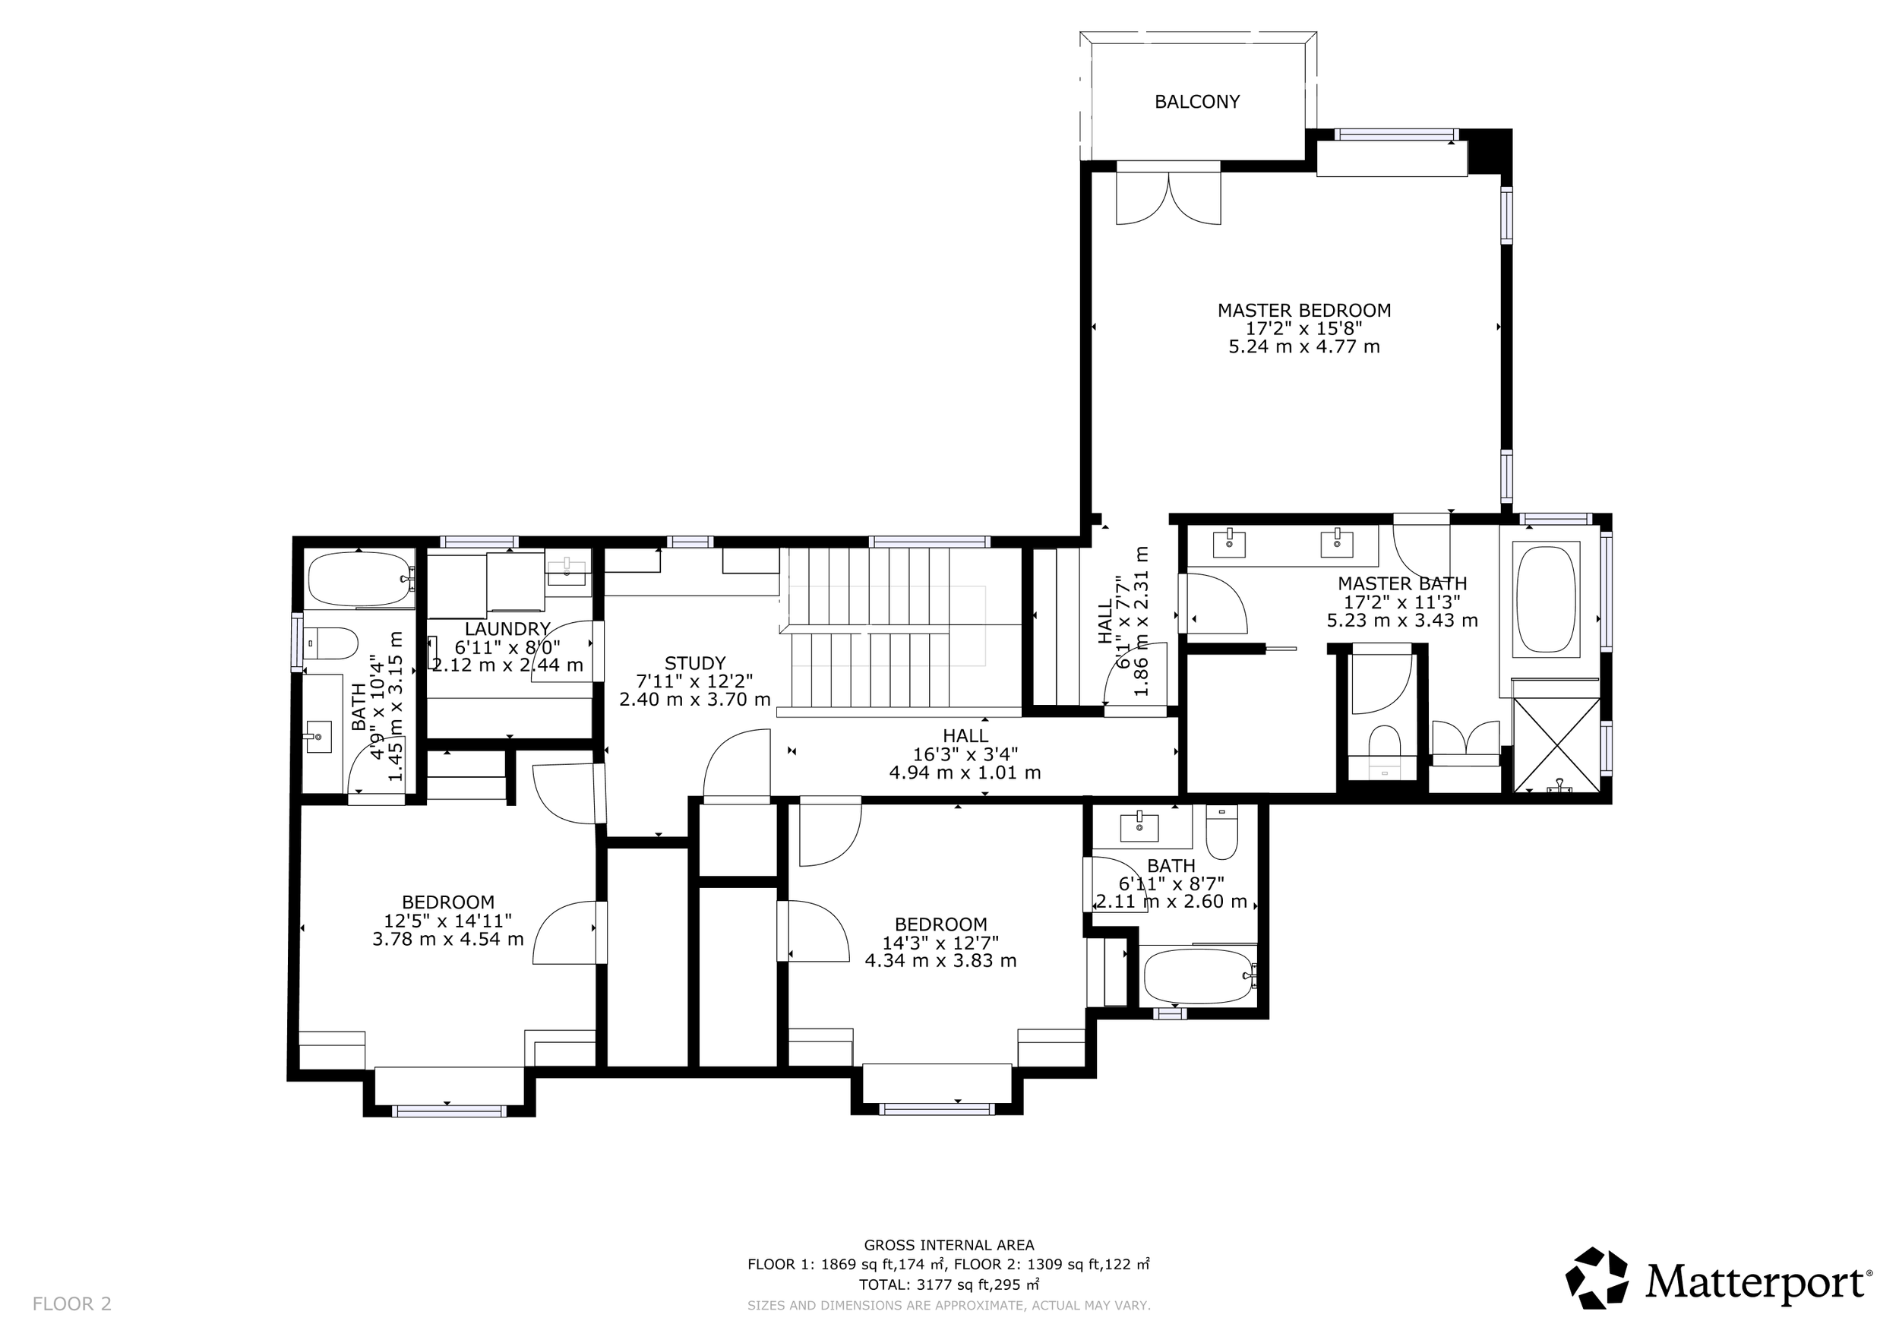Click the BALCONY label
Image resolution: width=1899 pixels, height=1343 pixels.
click(1197, 102)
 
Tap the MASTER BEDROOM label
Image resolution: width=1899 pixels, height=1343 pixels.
click(1304, 311)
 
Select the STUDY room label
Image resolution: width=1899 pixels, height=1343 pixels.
click(695, 663)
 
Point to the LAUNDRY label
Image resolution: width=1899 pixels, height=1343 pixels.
click(507, 629)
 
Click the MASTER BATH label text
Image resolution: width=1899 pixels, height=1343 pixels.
click(1403, 584)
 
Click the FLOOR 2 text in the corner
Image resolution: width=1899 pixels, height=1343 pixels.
click(72, 1304)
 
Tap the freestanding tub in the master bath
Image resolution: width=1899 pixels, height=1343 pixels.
click(1546, 599)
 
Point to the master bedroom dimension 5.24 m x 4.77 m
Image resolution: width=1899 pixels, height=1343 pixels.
click(1304, 347)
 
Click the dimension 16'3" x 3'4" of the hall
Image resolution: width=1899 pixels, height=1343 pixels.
click(965, 754)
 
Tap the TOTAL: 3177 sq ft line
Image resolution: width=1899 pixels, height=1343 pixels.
click(949, 1285)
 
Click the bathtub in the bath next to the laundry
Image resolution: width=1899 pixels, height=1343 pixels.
click(360, 580)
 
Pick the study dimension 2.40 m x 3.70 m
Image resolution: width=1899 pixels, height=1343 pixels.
click(695, 700)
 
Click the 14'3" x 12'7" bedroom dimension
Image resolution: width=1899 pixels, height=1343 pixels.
click(940, 943)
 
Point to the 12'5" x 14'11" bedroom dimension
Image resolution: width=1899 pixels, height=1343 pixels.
click(447, 921)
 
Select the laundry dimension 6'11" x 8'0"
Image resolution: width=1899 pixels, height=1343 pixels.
click(507, 646)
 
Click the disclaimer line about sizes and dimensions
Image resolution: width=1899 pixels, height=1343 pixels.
click(949, 1306)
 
